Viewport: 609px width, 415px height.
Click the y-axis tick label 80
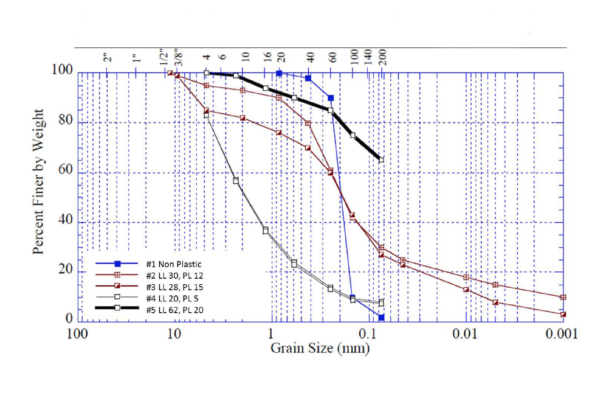(x=65, y=122)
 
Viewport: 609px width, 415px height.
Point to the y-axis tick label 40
(x=65, y=221)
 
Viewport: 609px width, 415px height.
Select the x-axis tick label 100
(x=75, y=334)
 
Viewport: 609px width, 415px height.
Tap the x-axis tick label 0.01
(x=466, y=334)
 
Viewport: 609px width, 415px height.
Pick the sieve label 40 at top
(x=310, y=58)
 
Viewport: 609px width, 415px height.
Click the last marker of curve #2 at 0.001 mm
(x=563, y=297)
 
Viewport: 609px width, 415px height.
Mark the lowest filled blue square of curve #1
(x=381, y=318)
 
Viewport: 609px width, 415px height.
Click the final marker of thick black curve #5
(x=381, y=160)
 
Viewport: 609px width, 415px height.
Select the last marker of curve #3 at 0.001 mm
(x=563, y=315)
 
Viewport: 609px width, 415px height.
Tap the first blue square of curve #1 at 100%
(x=279, y=73)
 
